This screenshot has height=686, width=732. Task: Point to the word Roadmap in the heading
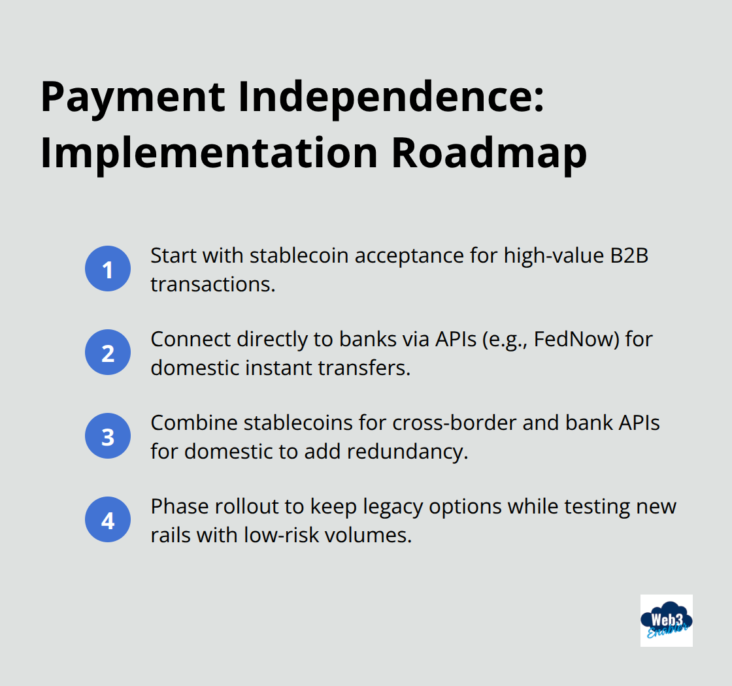(x=488, y=154)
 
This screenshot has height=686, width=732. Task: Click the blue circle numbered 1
(x=108, y=269)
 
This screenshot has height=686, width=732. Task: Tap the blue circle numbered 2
(x=108, y=353)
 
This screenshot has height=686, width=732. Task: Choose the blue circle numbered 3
(x=108, y=436)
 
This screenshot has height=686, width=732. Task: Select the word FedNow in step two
(x=568, y=340)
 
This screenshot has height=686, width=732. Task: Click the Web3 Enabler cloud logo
(x=666, y=620)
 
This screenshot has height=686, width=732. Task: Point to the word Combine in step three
(x=195, y=423)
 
